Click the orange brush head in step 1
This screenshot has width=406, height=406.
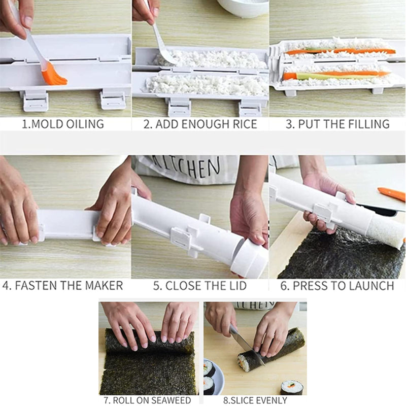click(x=53, y=76)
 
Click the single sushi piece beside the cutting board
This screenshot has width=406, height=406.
click(x=292, y=388)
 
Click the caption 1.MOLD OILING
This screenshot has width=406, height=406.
click(x=62, y=124)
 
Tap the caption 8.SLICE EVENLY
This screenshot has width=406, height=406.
click(x=255, y=400)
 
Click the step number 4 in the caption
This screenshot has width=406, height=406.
click(x=6, y=285)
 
